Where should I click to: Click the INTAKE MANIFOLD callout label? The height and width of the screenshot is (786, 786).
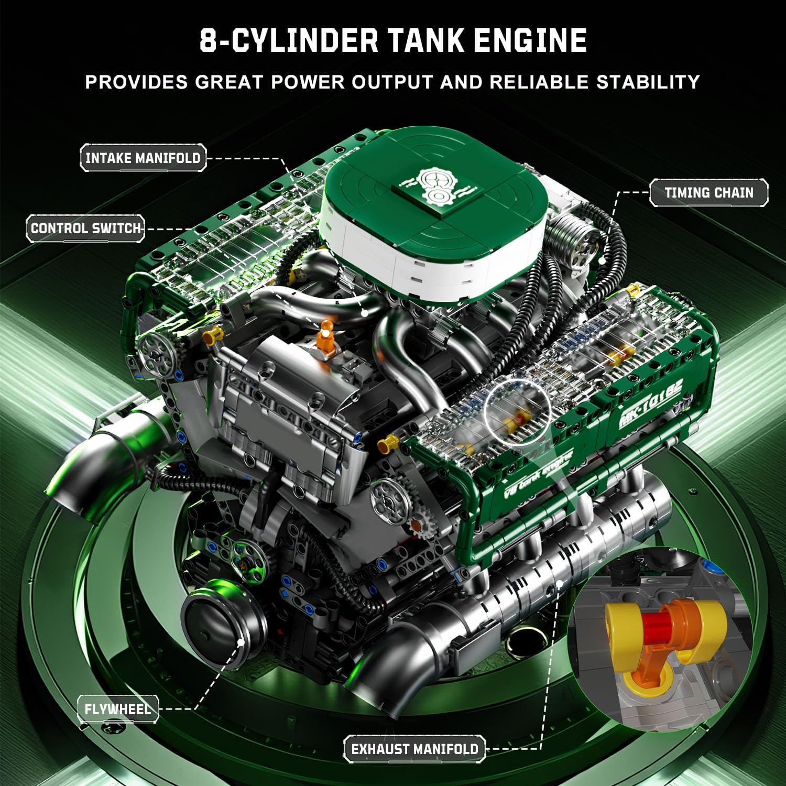143,158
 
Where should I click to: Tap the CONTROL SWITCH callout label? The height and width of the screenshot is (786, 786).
86,228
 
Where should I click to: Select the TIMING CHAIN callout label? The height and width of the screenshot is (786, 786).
709,192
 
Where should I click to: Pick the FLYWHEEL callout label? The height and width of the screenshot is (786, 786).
118,709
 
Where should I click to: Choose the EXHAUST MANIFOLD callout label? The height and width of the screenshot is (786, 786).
414,749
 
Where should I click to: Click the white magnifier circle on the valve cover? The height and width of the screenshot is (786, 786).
518,407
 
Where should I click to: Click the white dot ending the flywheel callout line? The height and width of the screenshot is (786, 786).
241,642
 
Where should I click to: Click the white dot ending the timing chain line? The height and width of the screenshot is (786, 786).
602,260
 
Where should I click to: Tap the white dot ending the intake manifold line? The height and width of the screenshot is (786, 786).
365,313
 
